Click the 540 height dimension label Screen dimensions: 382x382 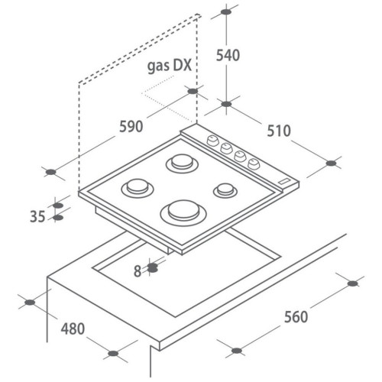[228, 55]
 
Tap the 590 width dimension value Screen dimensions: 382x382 [131, 127]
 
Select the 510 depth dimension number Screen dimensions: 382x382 [279, 131]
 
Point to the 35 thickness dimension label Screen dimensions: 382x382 [37, 216]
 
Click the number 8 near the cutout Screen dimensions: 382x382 [138, 271]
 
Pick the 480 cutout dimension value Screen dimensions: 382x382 [73, 329]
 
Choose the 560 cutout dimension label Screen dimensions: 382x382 [296, 317]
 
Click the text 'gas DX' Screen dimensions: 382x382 [170, 66]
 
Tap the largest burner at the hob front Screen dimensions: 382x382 [183, 213]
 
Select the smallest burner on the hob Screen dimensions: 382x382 [225, 190]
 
